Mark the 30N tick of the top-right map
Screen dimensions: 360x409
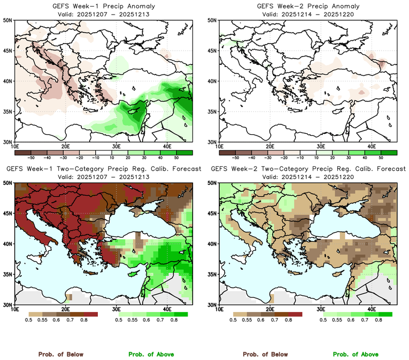[x=213, y=141]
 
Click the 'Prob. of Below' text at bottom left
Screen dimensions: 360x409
[x=60, y=354]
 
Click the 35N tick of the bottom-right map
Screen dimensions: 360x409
[x=213, y=274]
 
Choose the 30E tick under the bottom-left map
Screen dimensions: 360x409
[x=116, y=309]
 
